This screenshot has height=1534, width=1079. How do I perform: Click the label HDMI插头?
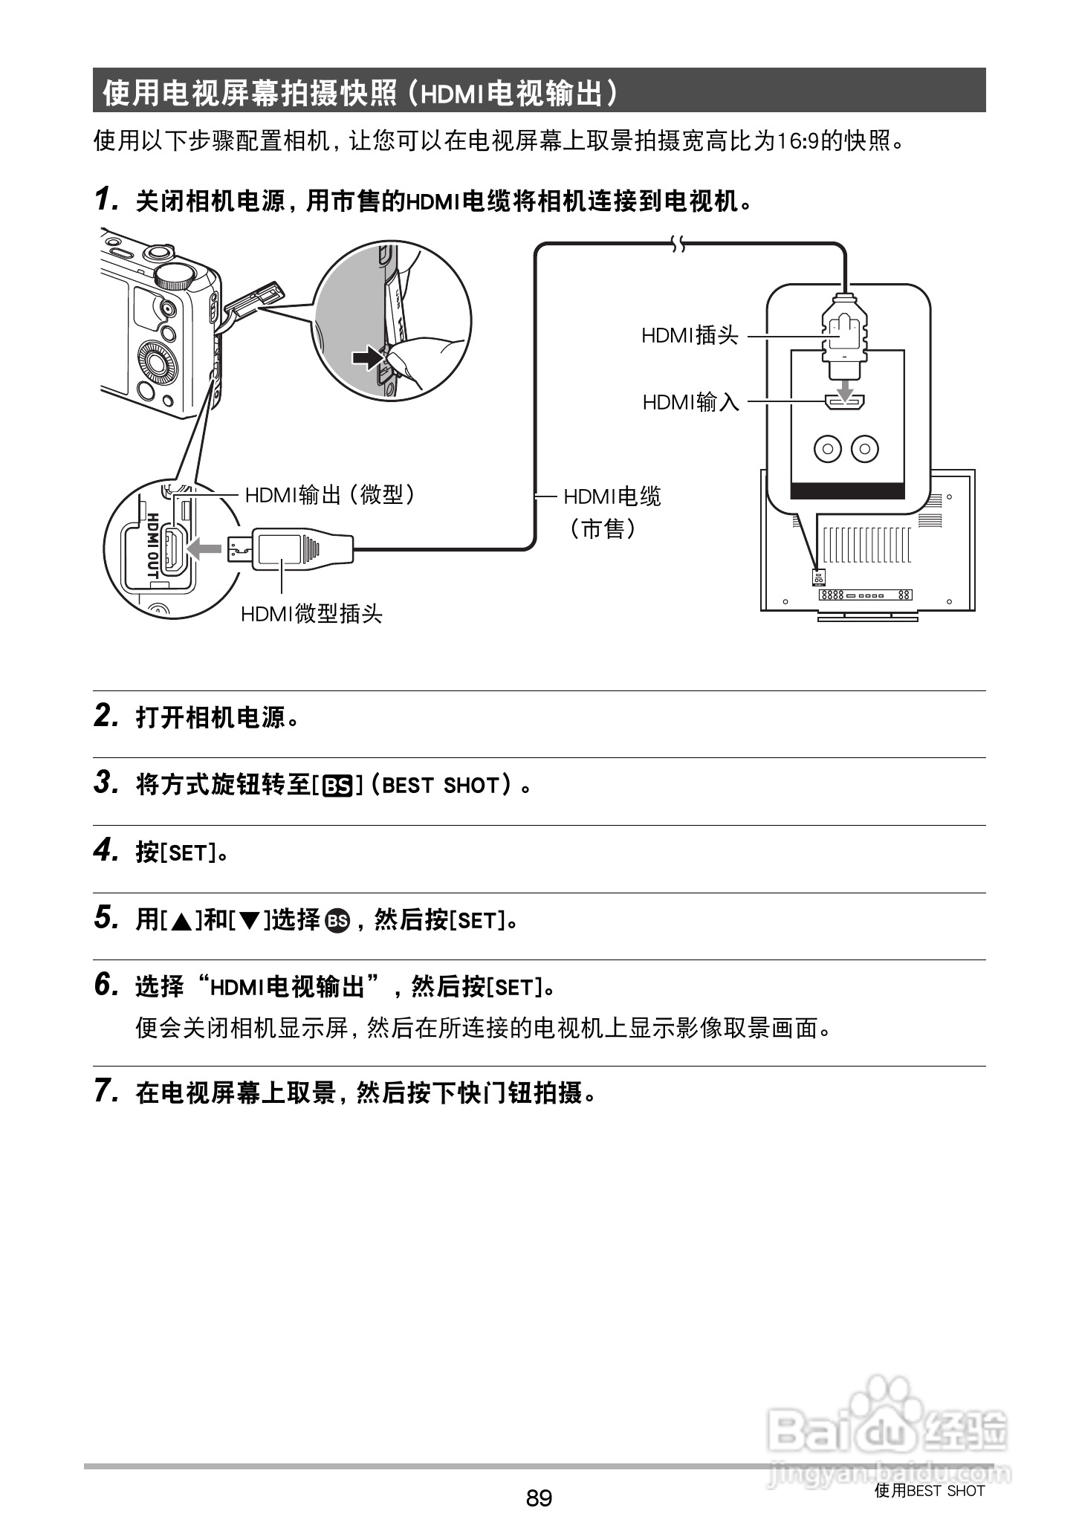point(690,336)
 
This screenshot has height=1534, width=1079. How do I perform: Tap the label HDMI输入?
point(690,402)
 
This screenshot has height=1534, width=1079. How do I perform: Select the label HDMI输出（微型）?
point(331,494)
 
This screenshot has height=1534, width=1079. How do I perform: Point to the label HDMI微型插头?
point(311,613)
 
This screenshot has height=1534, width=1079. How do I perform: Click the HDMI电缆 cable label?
point(612,496)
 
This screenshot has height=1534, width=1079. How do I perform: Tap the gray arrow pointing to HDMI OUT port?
point(205,549)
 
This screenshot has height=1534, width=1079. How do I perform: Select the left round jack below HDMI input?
point(828,448)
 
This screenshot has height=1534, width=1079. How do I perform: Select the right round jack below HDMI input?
point(864,448)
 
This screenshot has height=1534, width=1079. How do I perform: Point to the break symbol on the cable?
point(677,244)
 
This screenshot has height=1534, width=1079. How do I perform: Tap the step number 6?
point(106,985)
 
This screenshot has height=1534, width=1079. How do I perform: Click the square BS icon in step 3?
point(337,786)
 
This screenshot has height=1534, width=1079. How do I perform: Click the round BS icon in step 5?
point(337,921)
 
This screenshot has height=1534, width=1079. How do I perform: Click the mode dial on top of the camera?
point(175,275)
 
